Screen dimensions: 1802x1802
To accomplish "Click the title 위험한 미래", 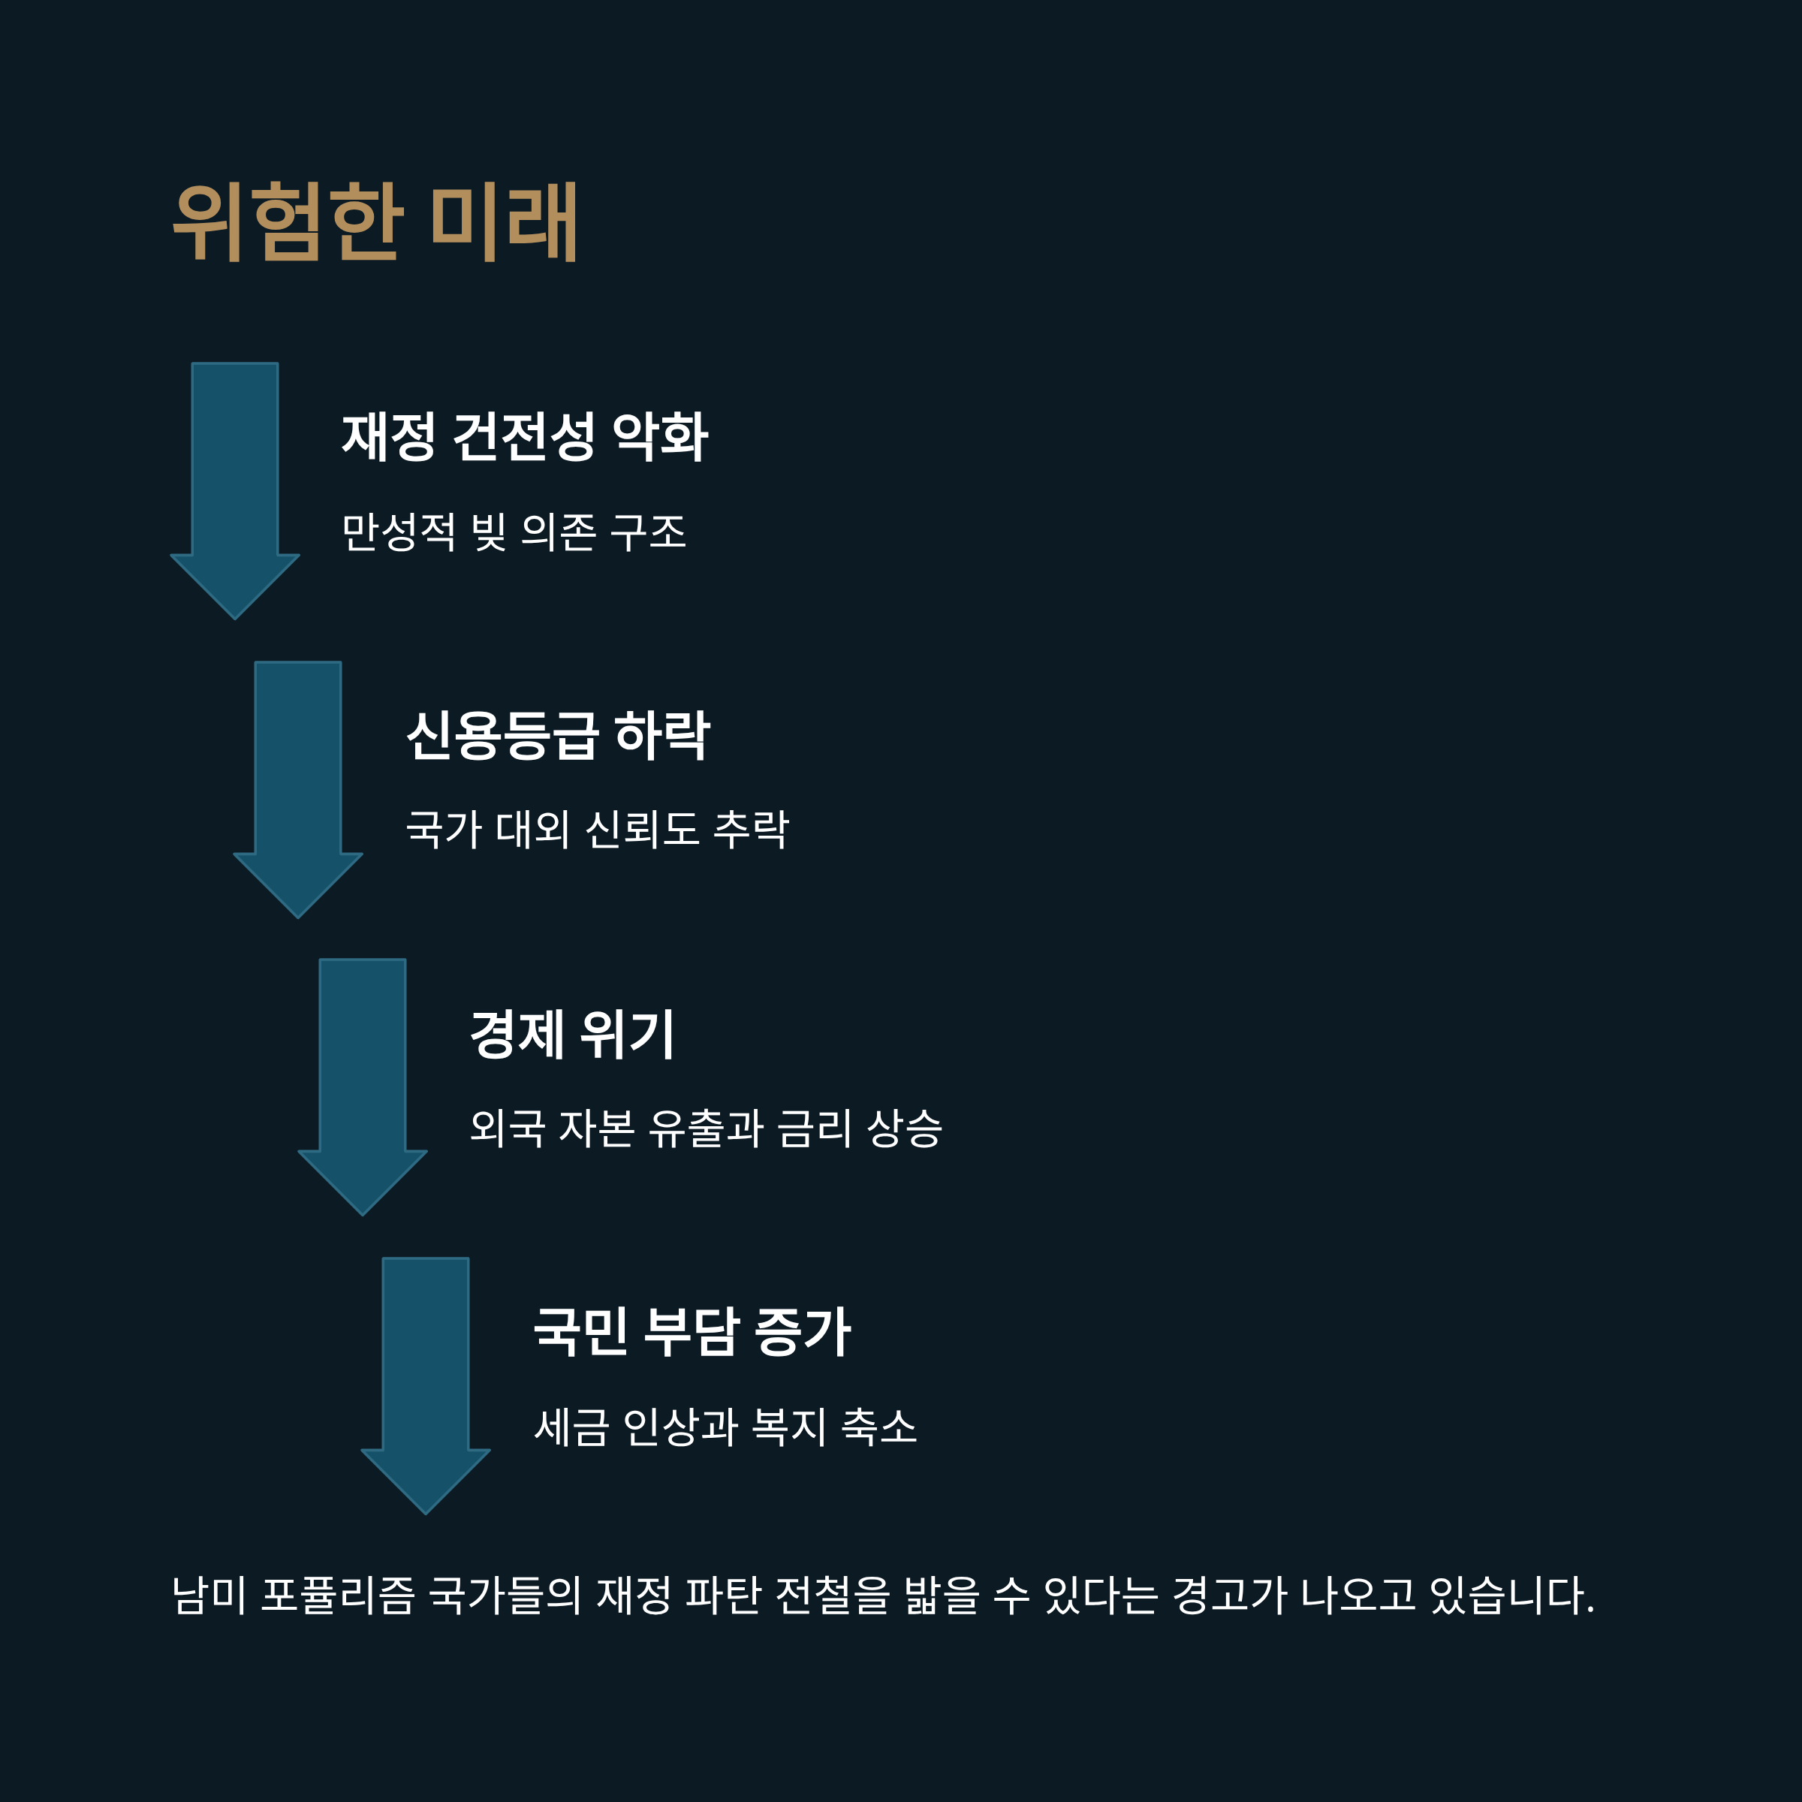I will [375, 222].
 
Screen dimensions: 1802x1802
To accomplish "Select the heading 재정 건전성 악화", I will [524, 435].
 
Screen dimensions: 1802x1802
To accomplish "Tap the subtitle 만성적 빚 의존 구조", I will [514, 532].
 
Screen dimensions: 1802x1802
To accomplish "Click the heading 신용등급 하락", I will [558, 735].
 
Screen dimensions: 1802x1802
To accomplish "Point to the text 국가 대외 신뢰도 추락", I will [597, 828].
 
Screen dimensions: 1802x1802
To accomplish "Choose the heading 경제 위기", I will [571, 1033].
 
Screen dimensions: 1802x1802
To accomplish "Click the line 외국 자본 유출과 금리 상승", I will [705, 1128].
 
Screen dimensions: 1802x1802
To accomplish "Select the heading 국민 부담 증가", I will [691, 1332].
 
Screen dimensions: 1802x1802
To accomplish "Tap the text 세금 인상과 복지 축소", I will [725, 1426].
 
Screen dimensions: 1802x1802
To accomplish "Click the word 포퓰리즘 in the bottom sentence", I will [338, 1595].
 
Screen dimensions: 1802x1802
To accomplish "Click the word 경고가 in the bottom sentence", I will [1231, 1595].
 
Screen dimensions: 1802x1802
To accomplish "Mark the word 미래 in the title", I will [504, 222].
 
